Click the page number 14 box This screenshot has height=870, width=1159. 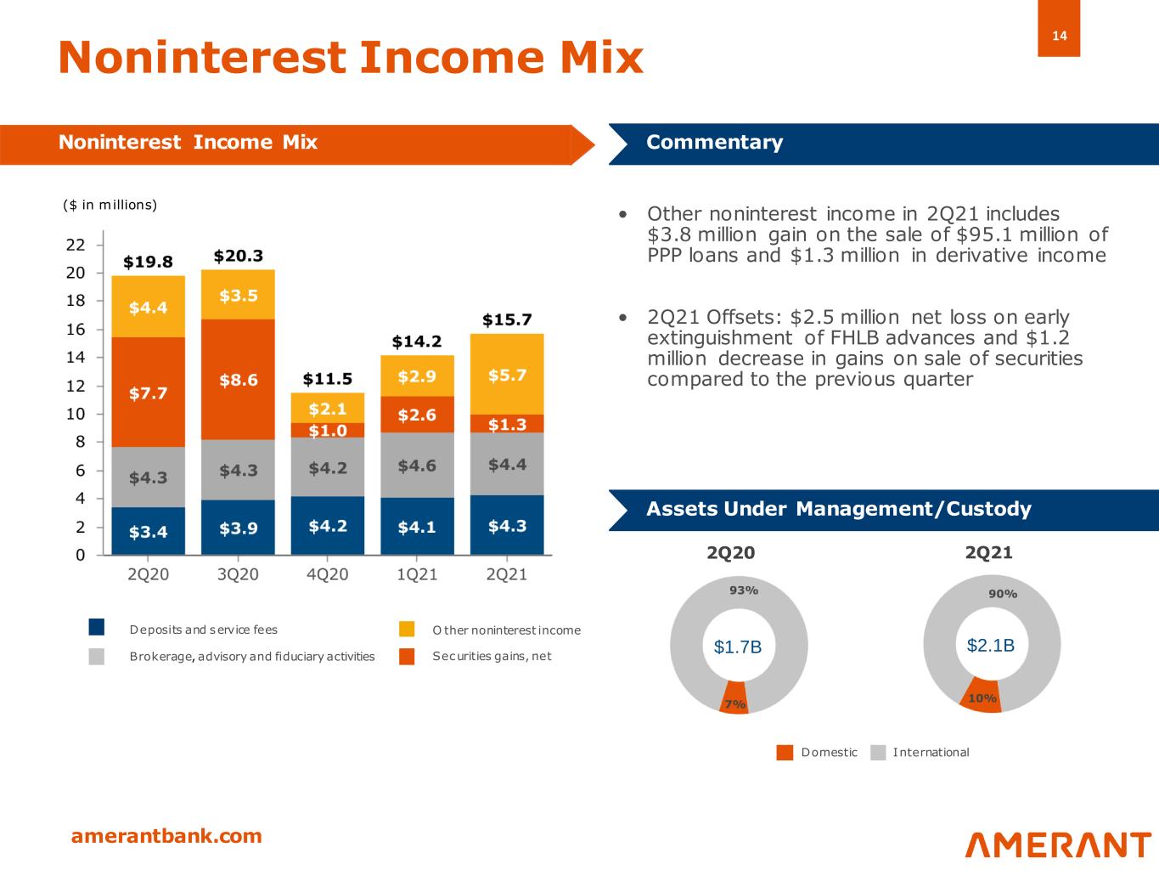[1058, 36]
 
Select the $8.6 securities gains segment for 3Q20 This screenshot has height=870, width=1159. [239, 380]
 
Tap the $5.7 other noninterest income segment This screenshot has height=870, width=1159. [507, 375]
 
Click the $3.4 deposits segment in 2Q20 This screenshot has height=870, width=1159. [148, 532]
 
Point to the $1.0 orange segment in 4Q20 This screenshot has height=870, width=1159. [328, 430]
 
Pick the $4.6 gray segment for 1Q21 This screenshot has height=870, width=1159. [417, 466]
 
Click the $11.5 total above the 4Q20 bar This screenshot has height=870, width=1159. [328, 377]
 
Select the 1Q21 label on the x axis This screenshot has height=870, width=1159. [417, 575]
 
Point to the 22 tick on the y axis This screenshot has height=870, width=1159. [76, 245]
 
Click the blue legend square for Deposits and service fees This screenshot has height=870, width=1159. [97, 628]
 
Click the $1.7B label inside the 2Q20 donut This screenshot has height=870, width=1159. [738, 647]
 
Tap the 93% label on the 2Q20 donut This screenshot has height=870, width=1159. [744, 590]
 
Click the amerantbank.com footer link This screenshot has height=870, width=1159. [166, 836]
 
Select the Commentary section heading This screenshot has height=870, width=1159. [714, 142]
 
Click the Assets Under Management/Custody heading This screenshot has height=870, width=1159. [838, 509]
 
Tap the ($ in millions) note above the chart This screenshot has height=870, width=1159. [110, 205]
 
